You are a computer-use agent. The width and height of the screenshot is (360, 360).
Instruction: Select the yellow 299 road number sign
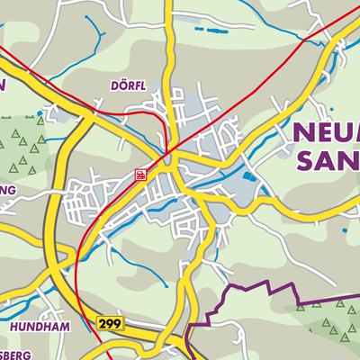click(x=110, y=322)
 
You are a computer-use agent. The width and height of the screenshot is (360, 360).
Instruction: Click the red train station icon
click(x=141, y=174)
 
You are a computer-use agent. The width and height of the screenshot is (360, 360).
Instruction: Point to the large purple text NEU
click(x=326, y=135)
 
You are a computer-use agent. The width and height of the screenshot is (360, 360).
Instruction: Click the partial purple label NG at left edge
click(x=7, y=191)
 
